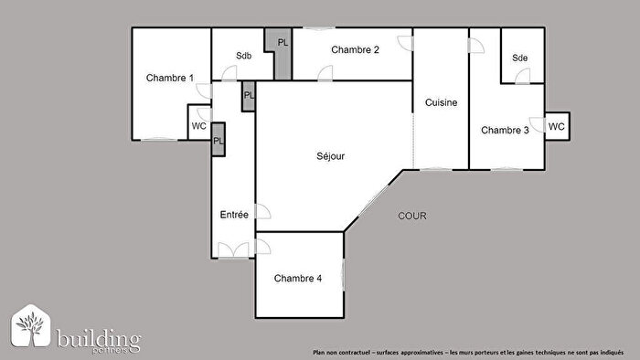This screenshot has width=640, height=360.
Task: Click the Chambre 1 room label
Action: pyautogui.click(x=170, y=78)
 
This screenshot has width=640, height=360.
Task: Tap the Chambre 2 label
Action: pyautogui.click(x=355, y=49)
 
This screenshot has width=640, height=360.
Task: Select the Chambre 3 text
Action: pyautogui.click(x=505, y=130)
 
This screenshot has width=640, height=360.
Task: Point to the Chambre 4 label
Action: pyautogui.click(x=297, y=279)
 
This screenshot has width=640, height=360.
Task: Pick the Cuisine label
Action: pyautogui.click(x=441, y=103)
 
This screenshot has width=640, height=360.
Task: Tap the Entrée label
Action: pyautogui.click(x=234, y=214)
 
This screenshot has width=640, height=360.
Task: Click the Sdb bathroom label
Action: pyautogui.click(x=243, y=56)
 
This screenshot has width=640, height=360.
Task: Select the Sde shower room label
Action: pyautogui.click(x=520, y=58)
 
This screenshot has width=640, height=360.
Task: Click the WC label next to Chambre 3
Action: pyautogui.click(x=556, y=126)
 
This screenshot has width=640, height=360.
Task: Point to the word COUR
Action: pyautogui.click(x=412, y=216)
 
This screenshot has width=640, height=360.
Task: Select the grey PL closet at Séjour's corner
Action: pyautogui.click(x=249, y=96)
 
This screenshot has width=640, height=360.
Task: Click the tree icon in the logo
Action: pyautogui.click(x=32, y=327)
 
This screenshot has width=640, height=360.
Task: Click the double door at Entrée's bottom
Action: pyautogui.click(x=233, y=251)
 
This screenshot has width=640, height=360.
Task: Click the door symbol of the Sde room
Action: pyautogui.click(x=522, y=78)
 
